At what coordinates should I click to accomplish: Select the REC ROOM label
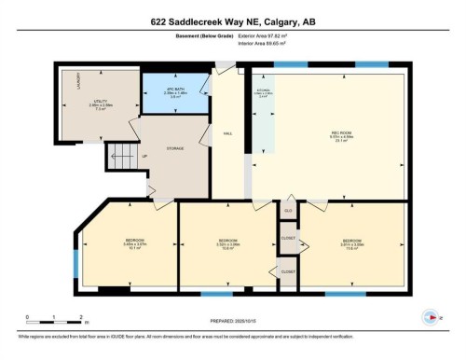(342, 134)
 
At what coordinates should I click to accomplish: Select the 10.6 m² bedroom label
(228, 242)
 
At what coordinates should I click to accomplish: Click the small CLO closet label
(289, 212)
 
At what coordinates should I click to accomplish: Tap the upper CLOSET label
(288, 238)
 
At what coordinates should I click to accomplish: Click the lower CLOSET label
(288, 270)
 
